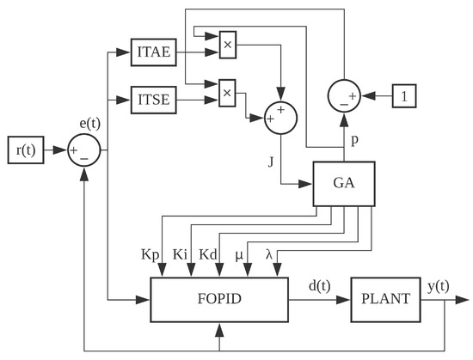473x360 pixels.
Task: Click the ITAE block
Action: pyautogui.click(x=154, y=52)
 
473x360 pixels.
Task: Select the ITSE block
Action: pyautogui.click(x=154, y=100)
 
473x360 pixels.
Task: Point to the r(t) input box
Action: pyautogui.click(x=25, y=151)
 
